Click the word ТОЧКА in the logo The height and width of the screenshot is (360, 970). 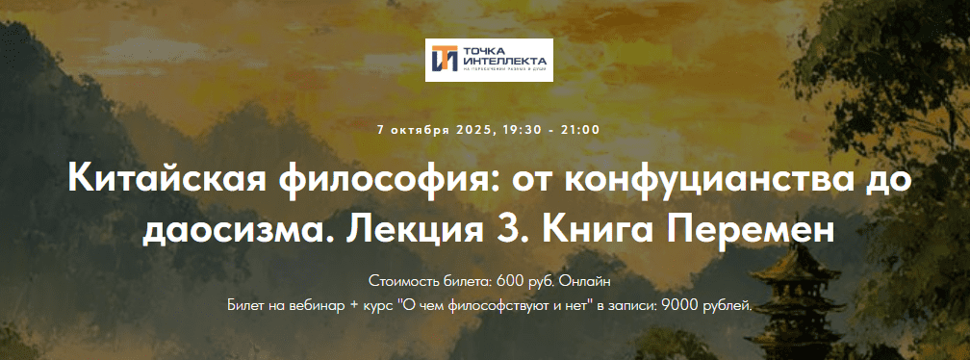pos(483,51)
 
